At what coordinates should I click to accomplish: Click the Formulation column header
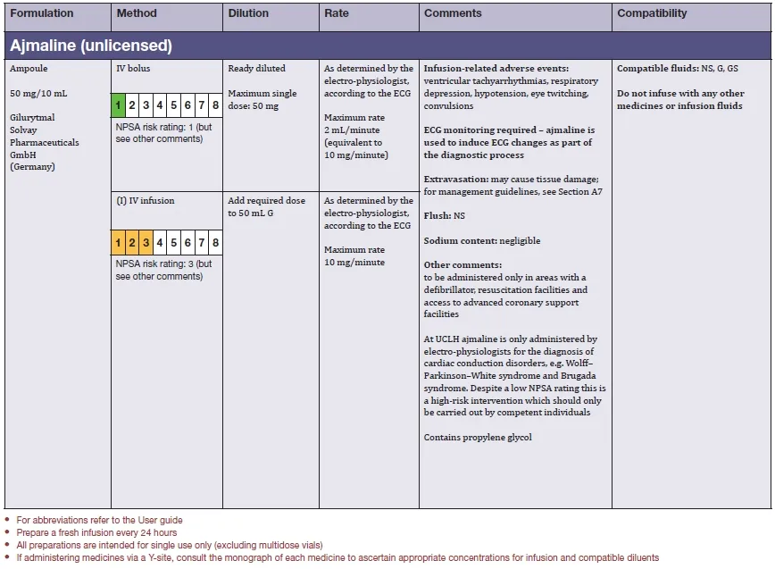click(x=41, y=14)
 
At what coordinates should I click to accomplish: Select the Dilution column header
click(x=248, y=14)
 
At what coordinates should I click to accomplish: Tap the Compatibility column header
click(x=652, y=14)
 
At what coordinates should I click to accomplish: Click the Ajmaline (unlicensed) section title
click(x=91, y=46)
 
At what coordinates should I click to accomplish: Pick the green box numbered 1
click(x=118, y=105)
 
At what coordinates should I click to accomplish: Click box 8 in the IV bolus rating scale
click(x=215, y=105)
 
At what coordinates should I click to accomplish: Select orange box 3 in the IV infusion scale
click(x=146, y=242)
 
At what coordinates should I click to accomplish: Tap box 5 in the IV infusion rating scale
click(x=174, y=242)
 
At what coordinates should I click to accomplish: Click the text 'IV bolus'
click(x=133, y=69)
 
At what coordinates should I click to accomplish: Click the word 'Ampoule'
click(x=28, y=69)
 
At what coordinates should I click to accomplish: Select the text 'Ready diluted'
click(x=257, y=69)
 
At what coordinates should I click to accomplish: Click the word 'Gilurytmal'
click(x=32, y=118)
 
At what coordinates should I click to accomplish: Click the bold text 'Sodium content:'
click(x=460, y=241)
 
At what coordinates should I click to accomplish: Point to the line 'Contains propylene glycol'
click(x=479, y=438)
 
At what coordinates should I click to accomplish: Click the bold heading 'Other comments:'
click(x=462, y=265)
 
